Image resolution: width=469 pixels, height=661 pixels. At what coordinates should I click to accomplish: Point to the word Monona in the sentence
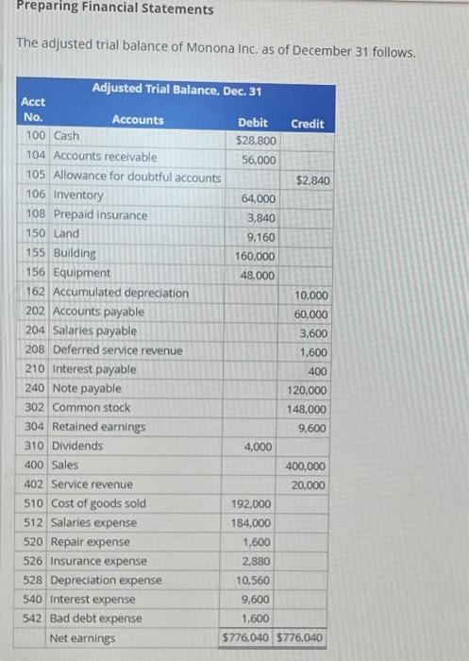193,52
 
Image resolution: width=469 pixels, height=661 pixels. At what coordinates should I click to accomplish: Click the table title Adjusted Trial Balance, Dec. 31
176,89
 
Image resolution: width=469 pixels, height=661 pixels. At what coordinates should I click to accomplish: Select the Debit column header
253,123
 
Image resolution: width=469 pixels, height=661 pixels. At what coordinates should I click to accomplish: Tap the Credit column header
308,124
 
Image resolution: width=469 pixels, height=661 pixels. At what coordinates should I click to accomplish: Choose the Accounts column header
137,120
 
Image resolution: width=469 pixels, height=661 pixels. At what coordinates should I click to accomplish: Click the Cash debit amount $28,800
256,140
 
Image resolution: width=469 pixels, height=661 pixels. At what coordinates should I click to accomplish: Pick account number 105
36,176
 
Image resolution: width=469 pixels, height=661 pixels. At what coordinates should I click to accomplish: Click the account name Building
75,253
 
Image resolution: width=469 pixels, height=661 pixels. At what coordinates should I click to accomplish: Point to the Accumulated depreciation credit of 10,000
312,296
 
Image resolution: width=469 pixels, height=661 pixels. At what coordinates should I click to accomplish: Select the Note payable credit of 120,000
308,391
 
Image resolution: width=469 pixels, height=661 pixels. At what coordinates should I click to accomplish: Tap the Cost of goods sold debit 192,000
251,504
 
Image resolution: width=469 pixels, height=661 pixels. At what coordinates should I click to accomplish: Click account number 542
36,619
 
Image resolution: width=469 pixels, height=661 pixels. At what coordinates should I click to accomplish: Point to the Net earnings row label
84,638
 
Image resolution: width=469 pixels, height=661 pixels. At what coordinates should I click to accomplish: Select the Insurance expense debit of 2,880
258,561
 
